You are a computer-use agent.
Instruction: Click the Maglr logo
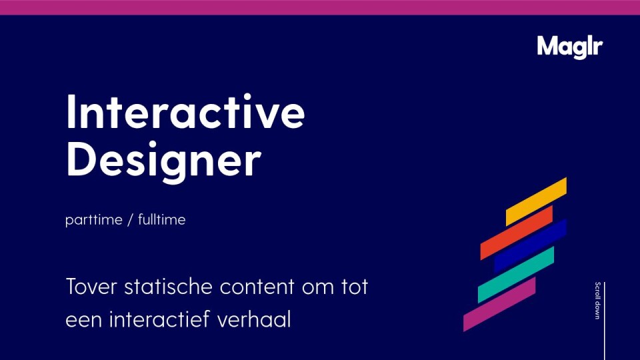569,46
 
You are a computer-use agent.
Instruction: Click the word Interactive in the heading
185,113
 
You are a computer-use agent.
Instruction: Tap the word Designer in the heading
163,159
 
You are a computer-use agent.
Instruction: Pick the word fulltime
161,220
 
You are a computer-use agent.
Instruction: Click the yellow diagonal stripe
536,201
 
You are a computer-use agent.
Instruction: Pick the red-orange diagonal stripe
517,232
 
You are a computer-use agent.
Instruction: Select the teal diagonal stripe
516,274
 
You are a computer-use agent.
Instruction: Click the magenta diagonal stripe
499,304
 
